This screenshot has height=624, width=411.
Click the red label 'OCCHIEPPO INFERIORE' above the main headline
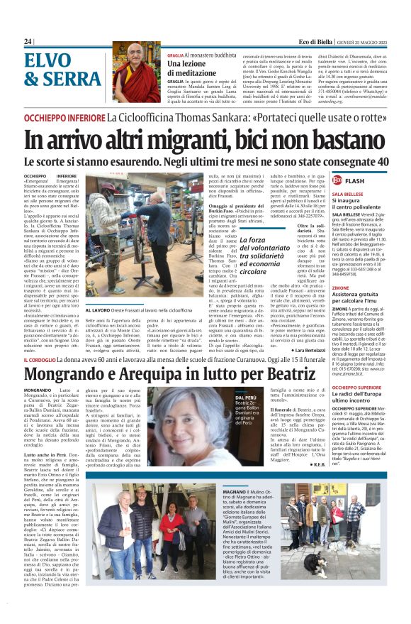tap(64, 116)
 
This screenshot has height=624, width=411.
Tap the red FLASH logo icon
tap(337, 180)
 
